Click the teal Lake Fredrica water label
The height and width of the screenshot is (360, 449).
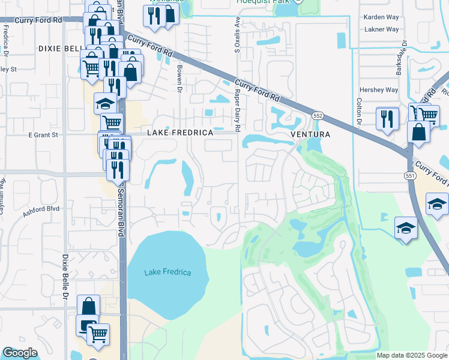167,273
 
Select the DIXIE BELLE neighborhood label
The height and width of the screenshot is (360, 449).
59,48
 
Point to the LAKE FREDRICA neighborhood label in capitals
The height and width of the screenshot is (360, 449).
180,132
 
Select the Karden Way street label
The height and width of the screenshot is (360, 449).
381,17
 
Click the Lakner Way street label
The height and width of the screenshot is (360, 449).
381,29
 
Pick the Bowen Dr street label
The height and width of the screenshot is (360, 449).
179,79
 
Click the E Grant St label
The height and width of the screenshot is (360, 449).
43,135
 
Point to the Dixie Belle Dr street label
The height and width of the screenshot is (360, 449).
65,276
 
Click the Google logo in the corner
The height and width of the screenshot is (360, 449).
20,353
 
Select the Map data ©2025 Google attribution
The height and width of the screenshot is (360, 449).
411,355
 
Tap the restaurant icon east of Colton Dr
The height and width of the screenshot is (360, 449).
387,118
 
